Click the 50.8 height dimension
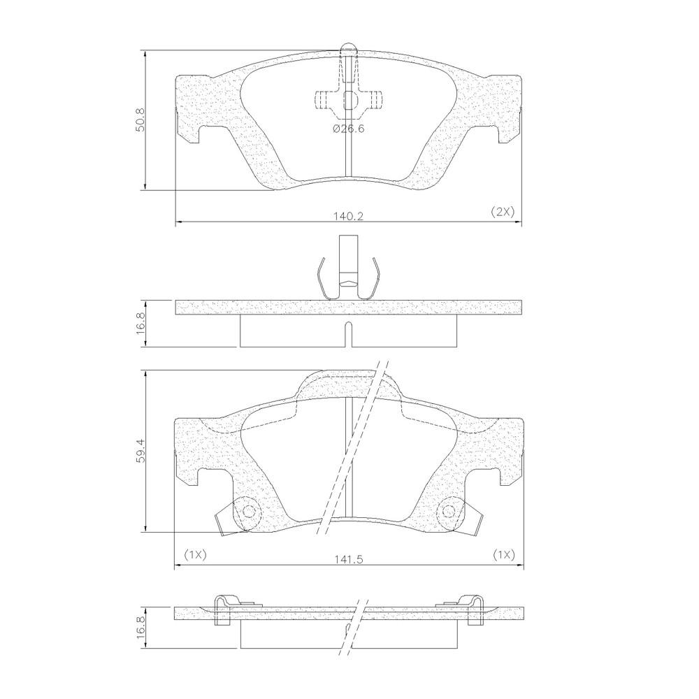coord(141,120)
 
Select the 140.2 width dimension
coord(349,216)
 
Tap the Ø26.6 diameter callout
coord(349,129)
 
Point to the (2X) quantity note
coord(503,212)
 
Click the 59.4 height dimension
coord(141,451)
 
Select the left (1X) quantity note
coord(195,555)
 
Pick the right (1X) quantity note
coord(504,555)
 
